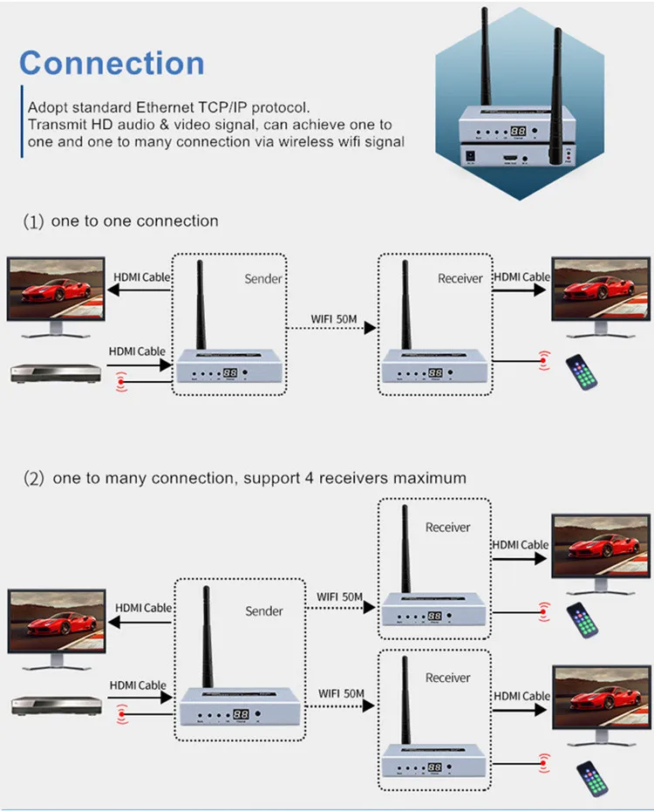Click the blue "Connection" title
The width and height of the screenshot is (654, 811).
(x=112, y=64)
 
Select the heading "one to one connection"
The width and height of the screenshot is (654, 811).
(x=134, y=221)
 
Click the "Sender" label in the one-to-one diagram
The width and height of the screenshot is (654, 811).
(x=263, y=279)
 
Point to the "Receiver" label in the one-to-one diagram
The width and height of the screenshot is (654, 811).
(x=460, y=278)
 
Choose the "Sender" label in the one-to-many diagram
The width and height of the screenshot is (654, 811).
(x=263, y=610)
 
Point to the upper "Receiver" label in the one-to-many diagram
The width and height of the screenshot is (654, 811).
(x=447, y=528)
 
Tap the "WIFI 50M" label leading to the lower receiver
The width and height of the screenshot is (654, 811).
(x=340, y=693)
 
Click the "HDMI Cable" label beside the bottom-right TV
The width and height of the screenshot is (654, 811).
(x=522, y=696)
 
